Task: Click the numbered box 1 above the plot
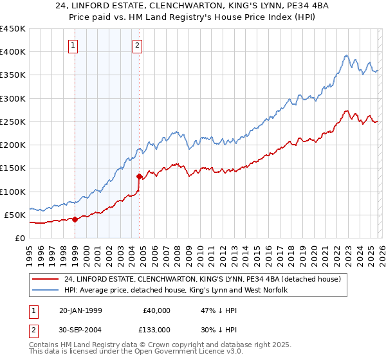(74, 45)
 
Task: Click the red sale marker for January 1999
(75, 219)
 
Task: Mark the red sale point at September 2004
(140, 176)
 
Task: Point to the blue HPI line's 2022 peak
(346, 55)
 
